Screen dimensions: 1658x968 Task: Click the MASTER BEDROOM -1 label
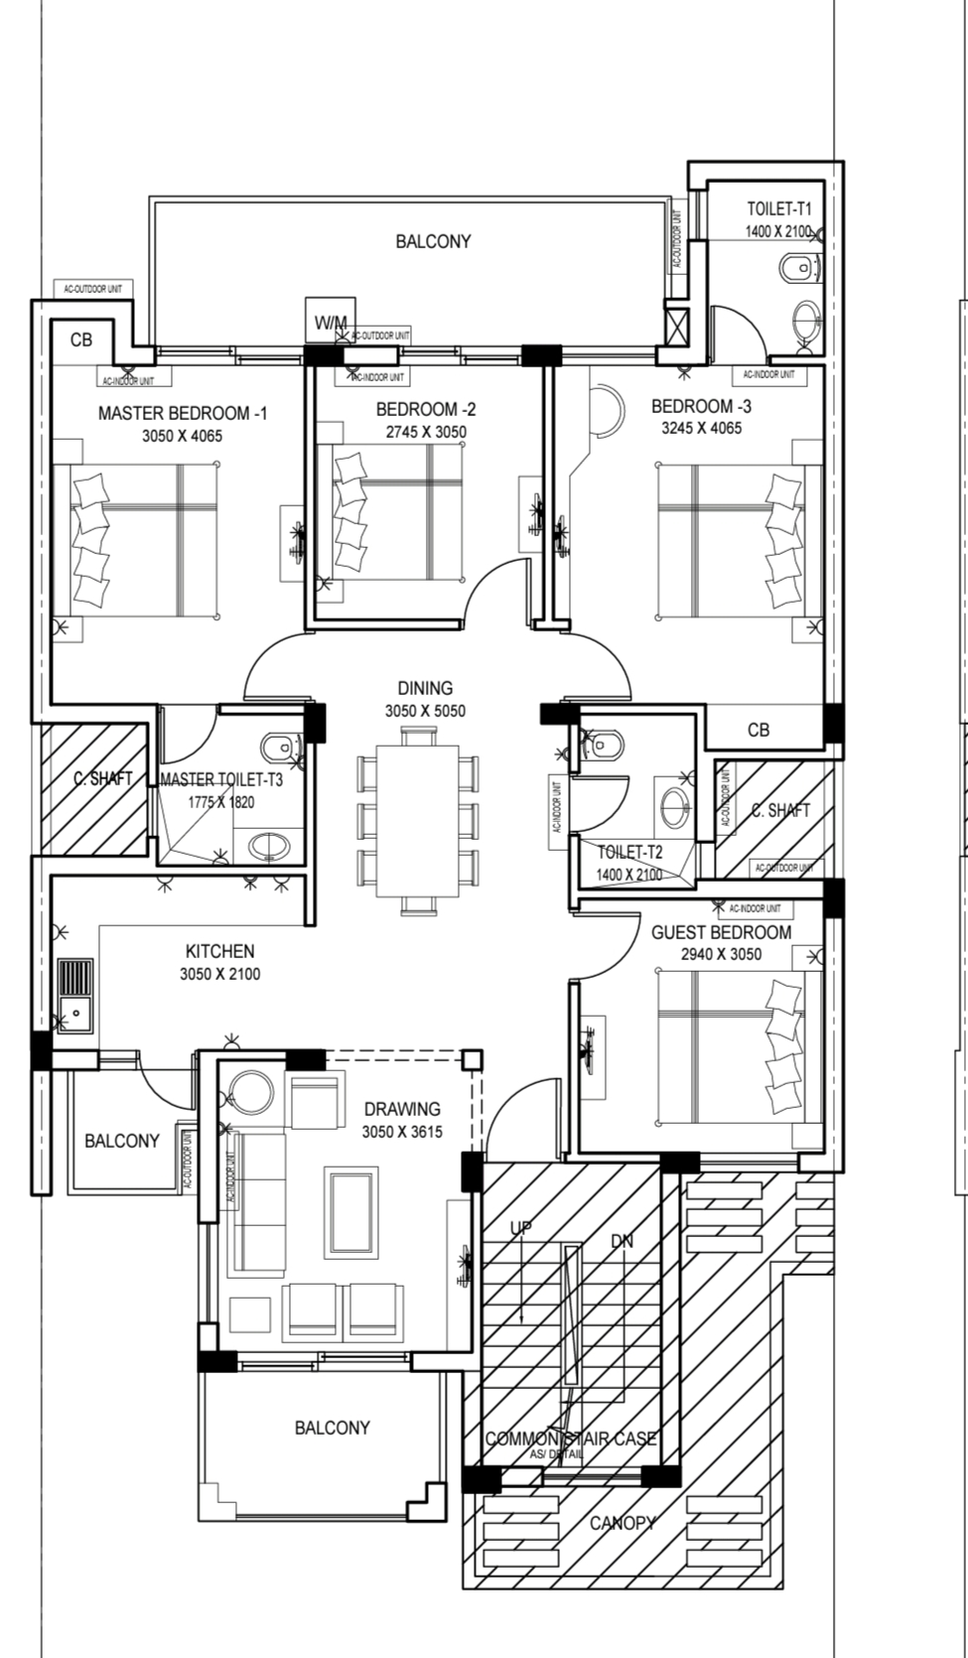182,413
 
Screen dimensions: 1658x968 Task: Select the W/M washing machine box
331,322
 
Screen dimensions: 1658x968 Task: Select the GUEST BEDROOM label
721,932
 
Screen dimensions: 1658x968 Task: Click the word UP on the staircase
521,1228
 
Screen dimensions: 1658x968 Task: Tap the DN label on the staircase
622,1241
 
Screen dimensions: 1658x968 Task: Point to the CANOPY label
622,1522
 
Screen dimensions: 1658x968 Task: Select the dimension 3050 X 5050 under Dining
425,711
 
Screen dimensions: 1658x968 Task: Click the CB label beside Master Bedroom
81,340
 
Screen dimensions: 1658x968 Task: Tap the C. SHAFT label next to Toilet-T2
780,810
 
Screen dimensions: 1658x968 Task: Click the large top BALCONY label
433,241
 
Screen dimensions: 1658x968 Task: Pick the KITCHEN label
219,951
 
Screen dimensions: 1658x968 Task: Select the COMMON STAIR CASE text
571,1439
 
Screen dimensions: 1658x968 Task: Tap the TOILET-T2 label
629,852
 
